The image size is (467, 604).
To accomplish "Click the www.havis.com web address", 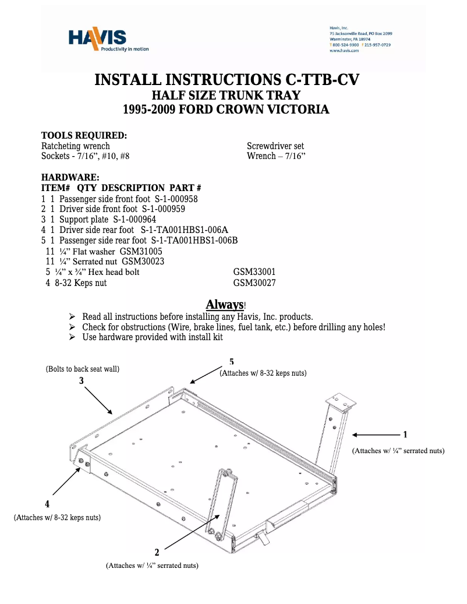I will point(344,51).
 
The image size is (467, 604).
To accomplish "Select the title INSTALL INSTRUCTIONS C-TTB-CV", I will point(227,80).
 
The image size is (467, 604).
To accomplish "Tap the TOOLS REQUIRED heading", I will point(84,136).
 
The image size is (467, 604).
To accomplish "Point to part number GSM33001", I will point(254,272).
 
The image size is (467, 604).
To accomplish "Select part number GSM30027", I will point(254,283).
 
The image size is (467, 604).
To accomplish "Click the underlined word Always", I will point(224,305).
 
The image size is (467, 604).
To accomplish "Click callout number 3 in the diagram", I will point(82,380).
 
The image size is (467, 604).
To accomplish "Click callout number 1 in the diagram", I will point(405,435).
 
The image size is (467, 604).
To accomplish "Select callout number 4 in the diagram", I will point(47,503).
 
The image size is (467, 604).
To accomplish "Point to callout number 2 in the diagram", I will point(157,552).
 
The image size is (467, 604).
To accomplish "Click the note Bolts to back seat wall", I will point(83,369).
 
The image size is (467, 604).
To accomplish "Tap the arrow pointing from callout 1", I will point(375,435).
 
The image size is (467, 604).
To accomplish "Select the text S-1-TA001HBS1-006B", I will point(194,241).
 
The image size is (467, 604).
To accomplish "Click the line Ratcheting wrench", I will point(76,146).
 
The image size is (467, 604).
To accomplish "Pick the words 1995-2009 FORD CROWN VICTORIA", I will point(227,110).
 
